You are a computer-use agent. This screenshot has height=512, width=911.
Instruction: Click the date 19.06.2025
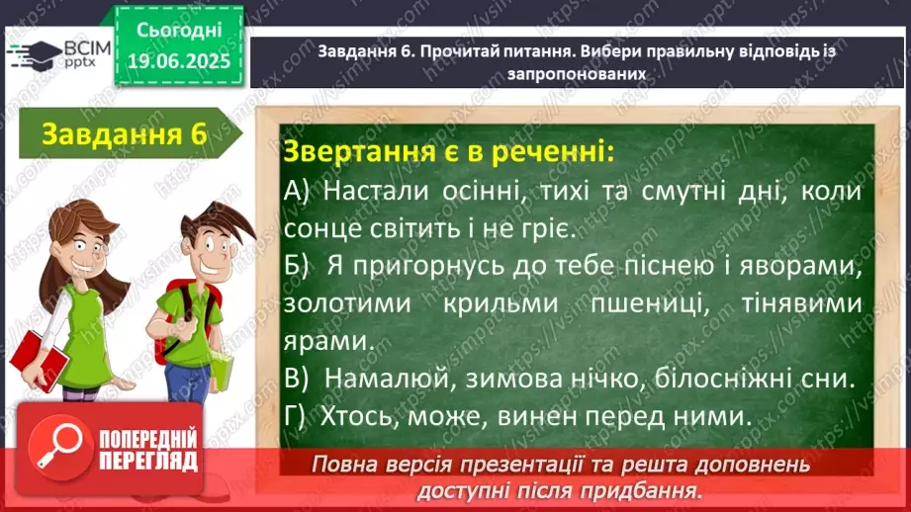[x=179, y=60]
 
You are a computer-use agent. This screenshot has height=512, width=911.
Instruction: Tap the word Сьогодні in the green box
[x=179, y=31]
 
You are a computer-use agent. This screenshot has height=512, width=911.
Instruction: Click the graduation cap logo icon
[x=35, y=55]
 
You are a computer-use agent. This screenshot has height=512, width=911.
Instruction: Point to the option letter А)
[x=297, y=192]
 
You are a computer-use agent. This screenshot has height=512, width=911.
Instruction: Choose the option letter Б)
[x=297, y=267]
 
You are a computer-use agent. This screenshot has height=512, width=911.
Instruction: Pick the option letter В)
[x=297, y=380]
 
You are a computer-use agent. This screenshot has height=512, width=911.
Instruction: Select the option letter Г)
[x=295, y=416]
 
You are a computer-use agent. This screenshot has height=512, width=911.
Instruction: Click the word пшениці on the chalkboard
[x=650, y=304]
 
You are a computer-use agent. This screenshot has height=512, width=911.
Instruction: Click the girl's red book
[x=40, y=360]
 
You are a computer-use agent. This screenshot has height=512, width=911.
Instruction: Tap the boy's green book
[x=222, y=370]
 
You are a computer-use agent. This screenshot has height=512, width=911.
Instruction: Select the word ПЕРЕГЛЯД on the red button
[x=148, y=462]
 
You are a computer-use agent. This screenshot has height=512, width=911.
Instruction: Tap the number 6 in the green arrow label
[x=198, y=134]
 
